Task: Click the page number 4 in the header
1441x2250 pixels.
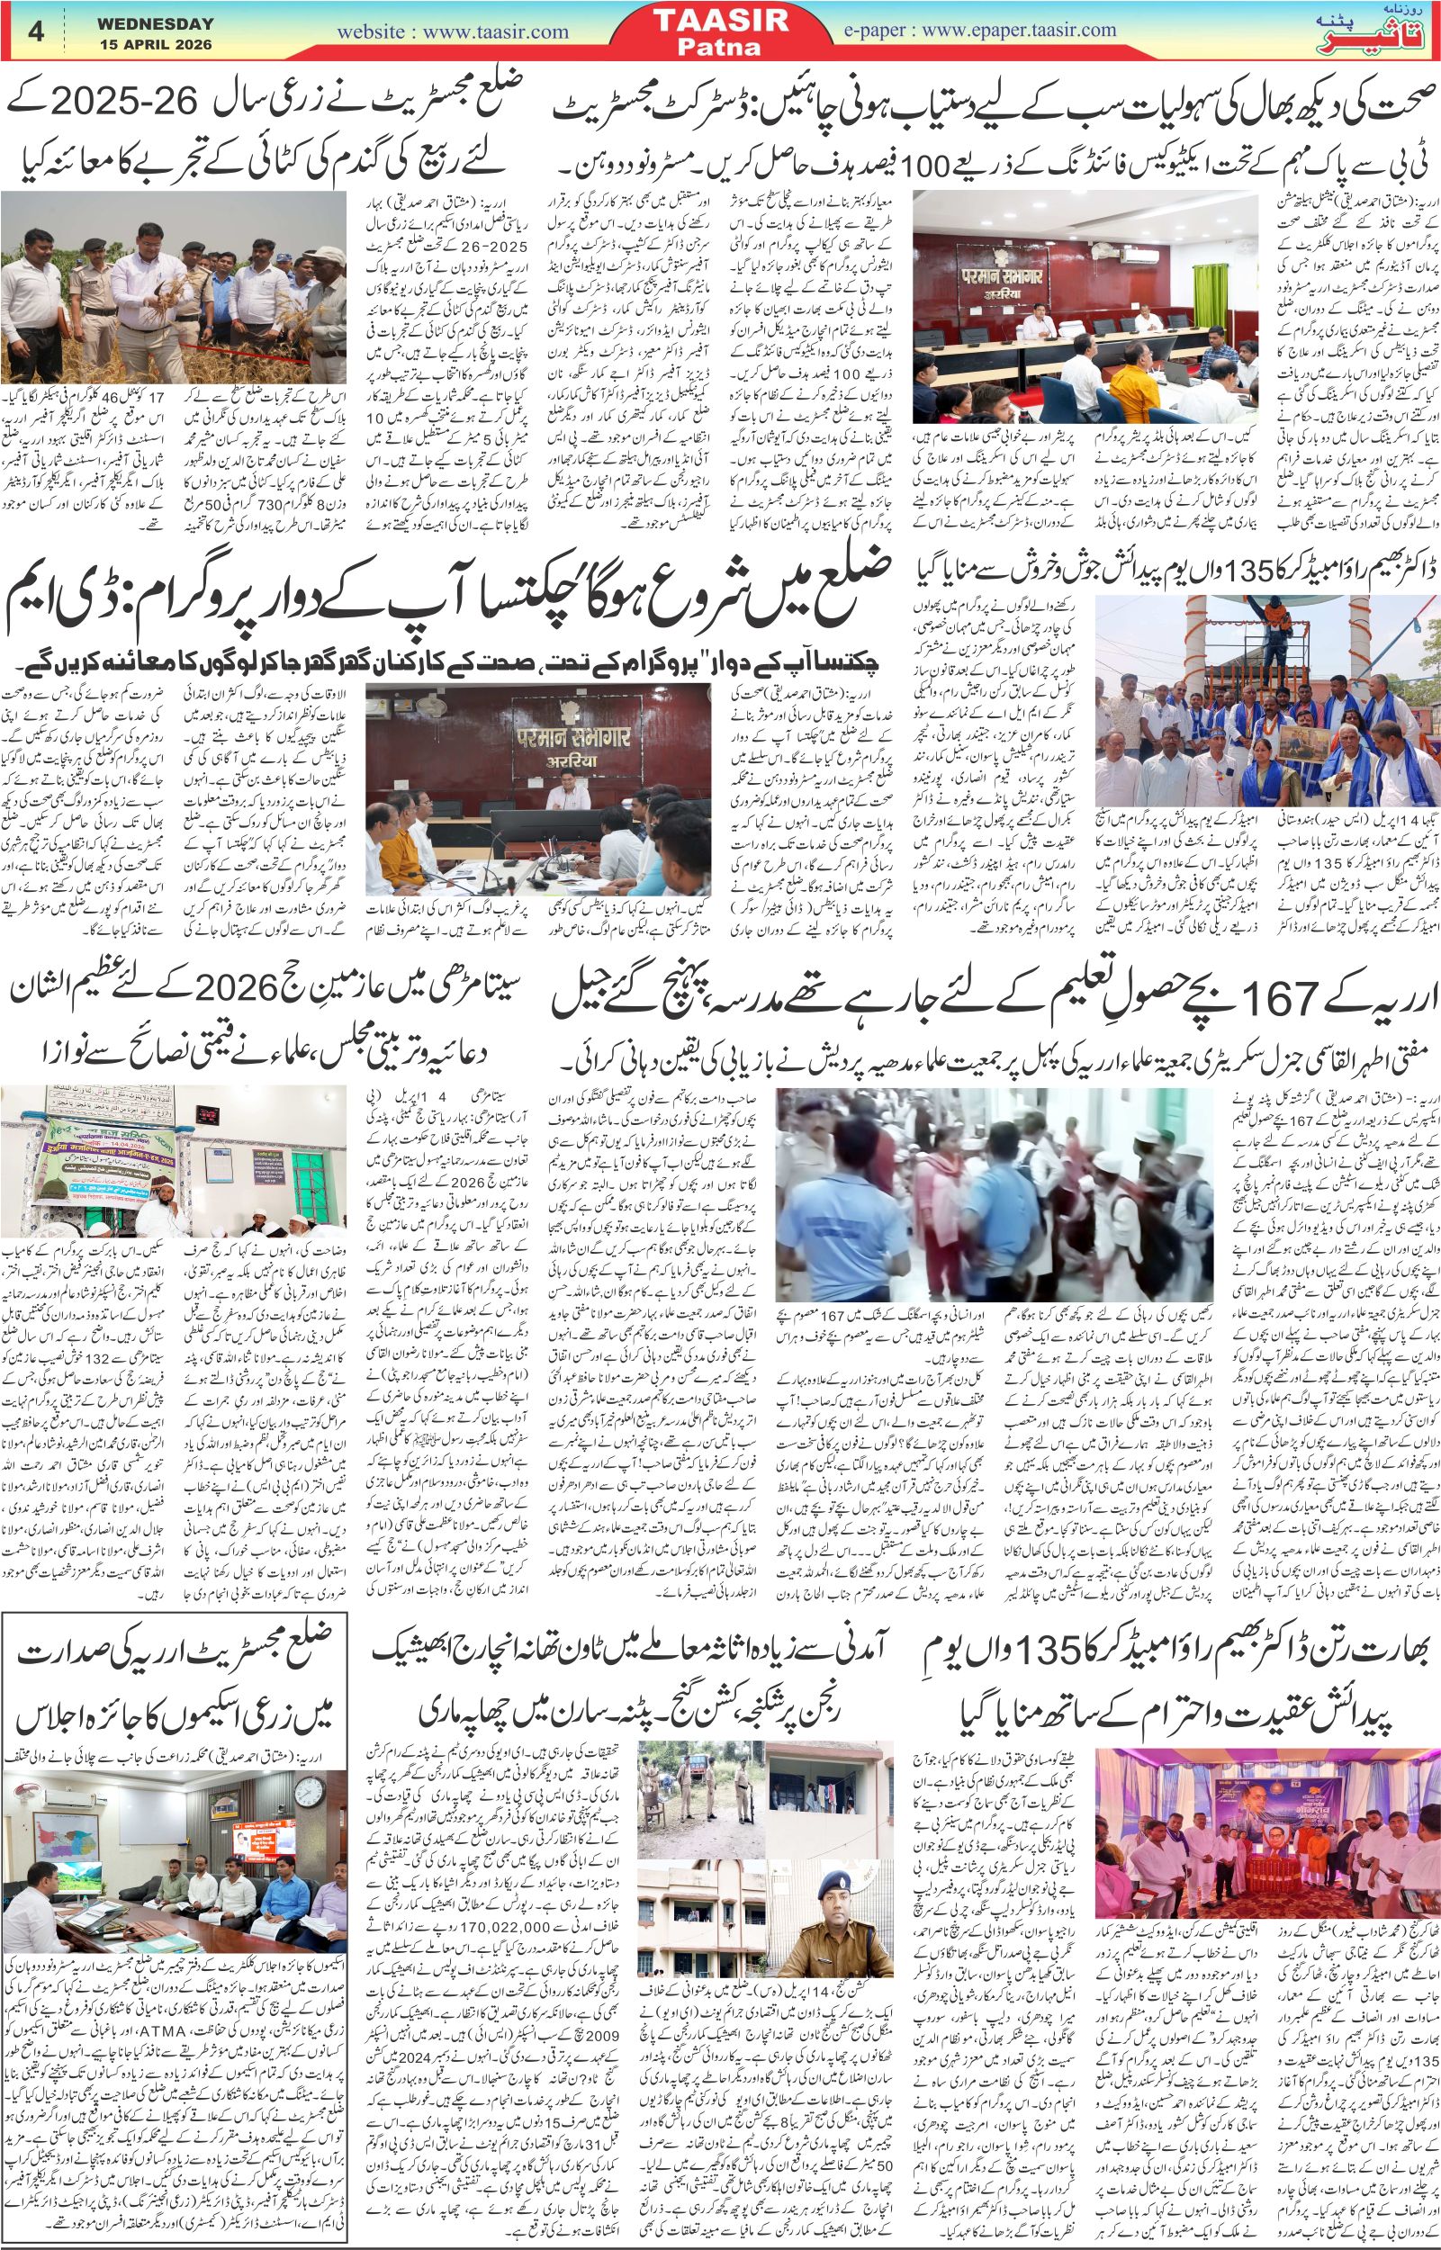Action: (37, 31)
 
